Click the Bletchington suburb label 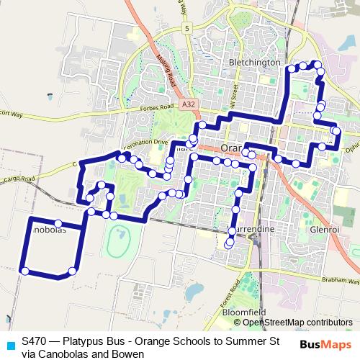[x=254, y=63]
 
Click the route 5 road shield [x=186, y=28]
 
